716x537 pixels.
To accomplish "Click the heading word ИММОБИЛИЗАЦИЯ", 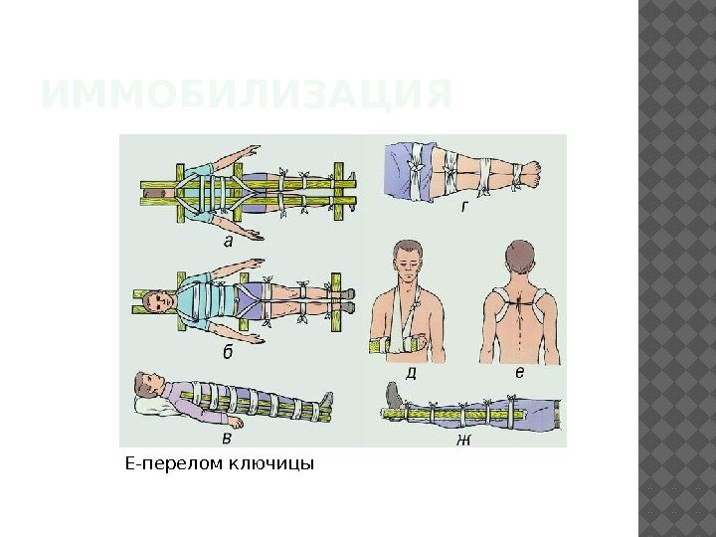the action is click(x=246, y=95).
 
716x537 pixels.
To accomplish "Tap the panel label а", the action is click(x=229, y=240).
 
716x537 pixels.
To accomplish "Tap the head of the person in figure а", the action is click(x=156, y=191).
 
